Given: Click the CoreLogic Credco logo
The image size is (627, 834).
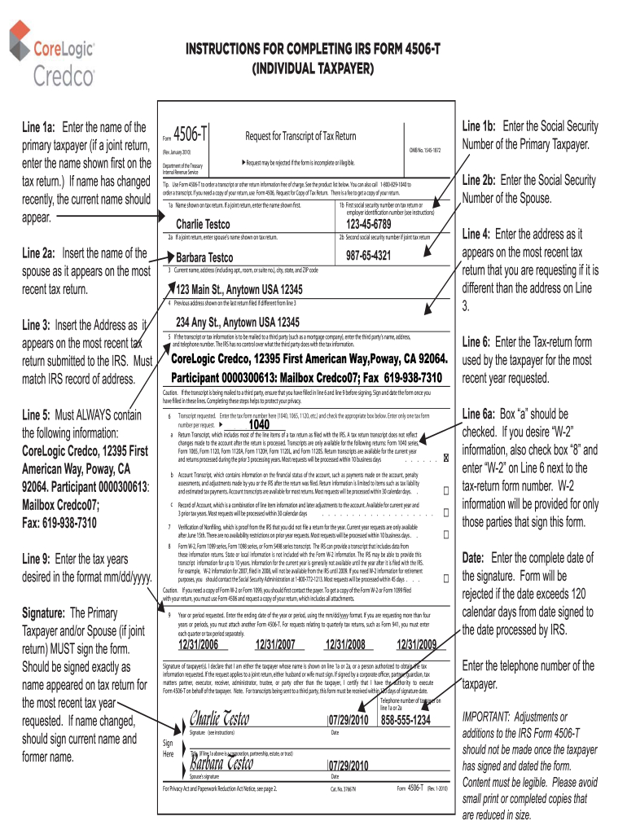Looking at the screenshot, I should (52, 52).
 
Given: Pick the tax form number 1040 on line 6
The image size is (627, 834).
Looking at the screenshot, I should (259, 424).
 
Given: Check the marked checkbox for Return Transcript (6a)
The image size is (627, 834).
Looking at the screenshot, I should (446, 459).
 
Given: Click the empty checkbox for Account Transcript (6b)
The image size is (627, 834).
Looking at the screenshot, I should (446, 491).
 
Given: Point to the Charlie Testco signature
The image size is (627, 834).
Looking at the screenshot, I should (219, 718).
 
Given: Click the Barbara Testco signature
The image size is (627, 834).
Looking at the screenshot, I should (221, 763).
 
